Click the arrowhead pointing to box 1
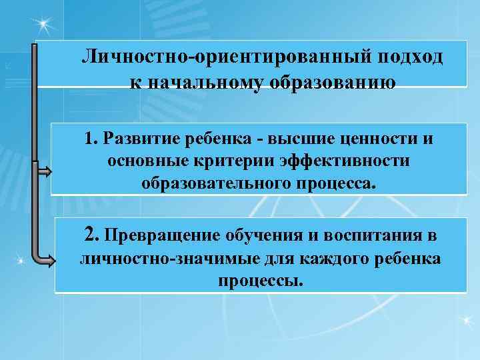pyautogui.click(x=45, y=172)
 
